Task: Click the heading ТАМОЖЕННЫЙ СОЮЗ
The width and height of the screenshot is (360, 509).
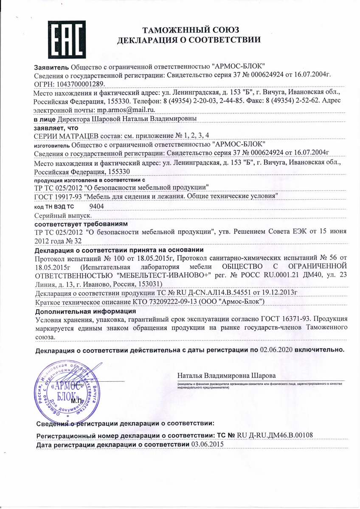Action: click(191, 30)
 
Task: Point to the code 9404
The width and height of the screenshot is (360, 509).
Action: click(97, 207)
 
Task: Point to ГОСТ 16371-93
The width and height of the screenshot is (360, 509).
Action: click(293, 319)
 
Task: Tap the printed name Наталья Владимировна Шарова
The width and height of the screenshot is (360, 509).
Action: click(226, 376)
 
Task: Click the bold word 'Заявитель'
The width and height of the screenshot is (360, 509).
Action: click(51, 67)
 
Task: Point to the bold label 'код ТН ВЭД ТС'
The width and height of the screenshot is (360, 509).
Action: click(54, 207)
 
